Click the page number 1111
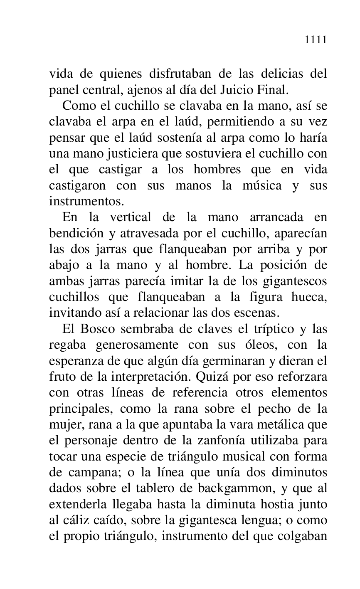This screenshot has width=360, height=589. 316,40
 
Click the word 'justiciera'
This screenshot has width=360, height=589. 121,154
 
